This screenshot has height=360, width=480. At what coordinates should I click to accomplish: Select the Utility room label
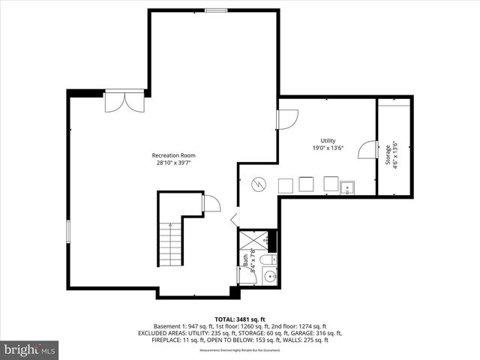(328, 141)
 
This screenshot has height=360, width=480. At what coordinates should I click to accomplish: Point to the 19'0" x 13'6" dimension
(328, 148)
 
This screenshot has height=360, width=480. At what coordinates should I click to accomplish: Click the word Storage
(388, 154)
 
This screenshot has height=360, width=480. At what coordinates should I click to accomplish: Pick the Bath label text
(245, 261)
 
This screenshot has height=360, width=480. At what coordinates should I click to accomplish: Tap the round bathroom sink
(268, 277)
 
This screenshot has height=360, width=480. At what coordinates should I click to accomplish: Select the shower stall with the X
(252, 240)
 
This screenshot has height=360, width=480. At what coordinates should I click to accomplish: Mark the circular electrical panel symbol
(257, 183)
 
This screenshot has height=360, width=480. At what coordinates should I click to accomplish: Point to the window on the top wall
(216, 10)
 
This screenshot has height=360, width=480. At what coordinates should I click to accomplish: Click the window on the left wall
(68, 230)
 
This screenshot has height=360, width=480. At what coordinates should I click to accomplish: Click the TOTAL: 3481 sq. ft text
(239, 319)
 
